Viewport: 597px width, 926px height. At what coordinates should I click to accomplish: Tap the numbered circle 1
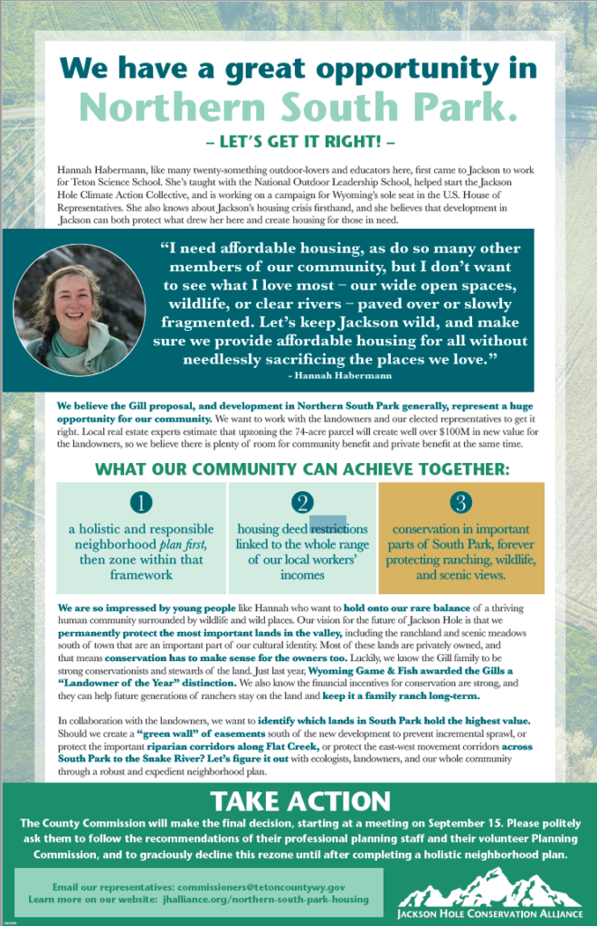140,503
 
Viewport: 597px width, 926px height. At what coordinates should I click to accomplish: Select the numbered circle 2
302,503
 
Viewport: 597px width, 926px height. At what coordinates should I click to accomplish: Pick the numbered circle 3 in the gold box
461,502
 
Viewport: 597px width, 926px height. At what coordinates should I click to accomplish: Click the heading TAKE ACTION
299,801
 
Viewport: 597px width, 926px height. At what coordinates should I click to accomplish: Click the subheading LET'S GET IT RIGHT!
298,142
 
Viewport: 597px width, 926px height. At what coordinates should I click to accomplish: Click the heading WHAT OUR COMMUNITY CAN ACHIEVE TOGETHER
302,469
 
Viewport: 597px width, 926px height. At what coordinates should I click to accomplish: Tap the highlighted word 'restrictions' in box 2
339,529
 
